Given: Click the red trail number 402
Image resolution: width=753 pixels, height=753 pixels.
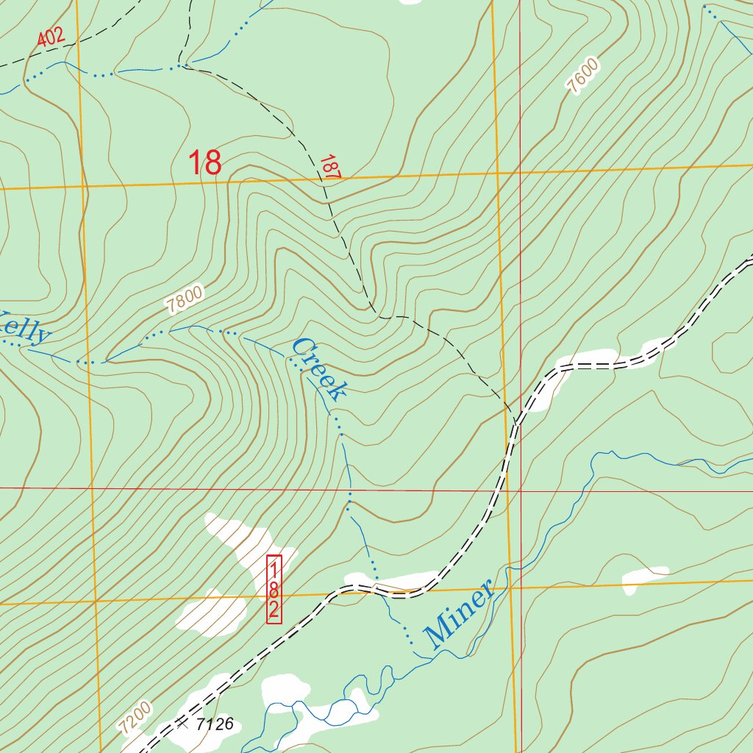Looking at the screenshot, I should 51,37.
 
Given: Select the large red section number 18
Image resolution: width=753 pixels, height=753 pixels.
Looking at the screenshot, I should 205,163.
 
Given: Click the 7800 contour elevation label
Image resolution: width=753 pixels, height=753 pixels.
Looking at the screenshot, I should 184,300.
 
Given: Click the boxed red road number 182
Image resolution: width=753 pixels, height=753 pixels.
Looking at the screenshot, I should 274,589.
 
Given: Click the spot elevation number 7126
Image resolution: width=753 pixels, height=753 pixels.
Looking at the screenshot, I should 215,724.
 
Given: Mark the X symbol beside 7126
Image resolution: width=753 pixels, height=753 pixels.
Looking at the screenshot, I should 182,724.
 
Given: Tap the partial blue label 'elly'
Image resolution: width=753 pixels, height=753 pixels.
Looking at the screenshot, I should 26,328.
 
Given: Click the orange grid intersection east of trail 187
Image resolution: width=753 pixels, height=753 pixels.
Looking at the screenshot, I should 498,174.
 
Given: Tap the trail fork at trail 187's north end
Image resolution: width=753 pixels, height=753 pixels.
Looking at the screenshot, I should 184,65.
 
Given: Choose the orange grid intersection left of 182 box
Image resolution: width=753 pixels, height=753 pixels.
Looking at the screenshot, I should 96,601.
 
